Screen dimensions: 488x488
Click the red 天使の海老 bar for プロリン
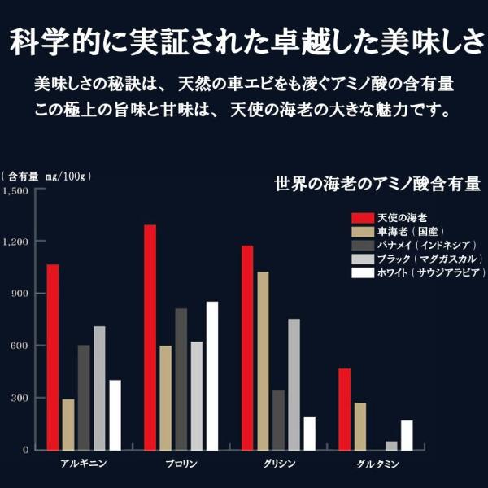tap(150, 338)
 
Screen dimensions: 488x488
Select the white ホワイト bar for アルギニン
tap(115, 415)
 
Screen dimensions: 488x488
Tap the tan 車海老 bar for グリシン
tap(263, 361)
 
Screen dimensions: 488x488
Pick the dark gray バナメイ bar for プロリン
tap(181, 379)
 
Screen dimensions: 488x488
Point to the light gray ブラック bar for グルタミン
tap(391, 446)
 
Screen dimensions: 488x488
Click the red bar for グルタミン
tap(345, 409)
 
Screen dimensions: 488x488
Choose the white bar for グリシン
tap(310, 434)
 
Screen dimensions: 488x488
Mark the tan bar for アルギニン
tap(68, 425)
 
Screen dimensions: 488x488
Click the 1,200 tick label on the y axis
tap(15, 242)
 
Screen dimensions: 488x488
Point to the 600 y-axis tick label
tap(20, 346)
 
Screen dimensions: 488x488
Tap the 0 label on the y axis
tap(25, 450)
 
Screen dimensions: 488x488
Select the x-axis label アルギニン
tap(84, 464)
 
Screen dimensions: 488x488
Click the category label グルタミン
tap(377, 464)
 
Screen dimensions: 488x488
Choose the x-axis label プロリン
tap(181, 464)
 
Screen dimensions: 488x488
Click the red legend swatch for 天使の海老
tap(363, 218)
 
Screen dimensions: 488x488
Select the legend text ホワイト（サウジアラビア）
tap(431, 273)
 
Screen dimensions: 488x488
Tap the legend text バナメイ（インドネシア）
tap(427, 246)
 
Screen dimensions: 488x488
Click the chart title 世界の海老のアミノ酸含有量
tap(377, 184)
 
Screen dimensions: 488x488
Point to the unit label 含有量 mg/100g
tap(46, 176)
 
